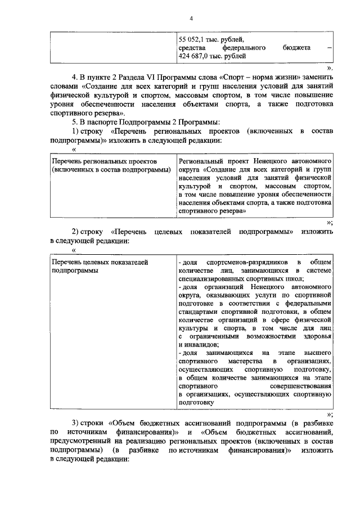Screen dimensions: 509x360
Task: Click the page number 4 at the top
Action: pyautogui.click(x=191, y=19)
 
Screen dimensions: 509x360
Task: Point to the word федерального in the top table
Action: pyautogui.click(x=243, y=48)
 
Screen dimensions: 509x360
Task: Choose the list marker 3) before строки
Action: pyautogui.click(x=75, y=422)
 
